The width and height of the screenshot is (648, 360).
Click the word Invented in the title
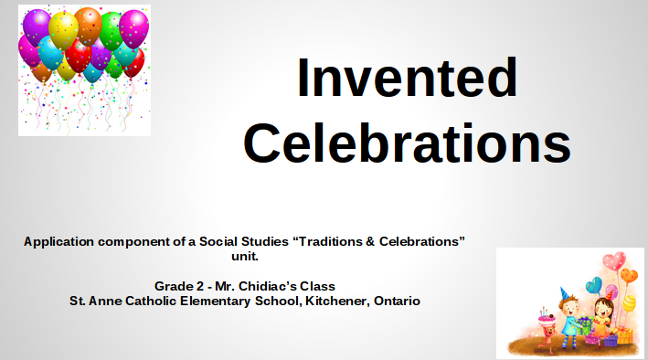[407, 78]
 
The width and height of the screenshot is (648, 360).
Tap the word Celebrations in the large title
[407, 143]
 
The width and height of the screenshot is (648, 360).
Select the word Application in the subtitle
[58, 242]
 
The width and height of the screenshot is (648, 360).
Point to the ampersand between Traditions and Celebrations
[370, 241]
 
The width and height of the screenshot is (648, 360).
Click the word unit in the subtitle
[245, 256]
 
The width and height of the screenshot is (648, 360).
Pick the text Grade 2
[179, 286]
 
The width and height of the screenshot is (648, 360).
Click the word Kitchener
[336, 301]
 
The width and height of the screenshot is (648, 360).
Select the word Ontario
[397, 301]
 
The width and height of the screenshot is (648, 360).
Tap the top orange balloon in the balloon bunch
[88, 26]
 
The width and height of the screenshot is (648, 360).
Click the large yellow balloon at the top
[63, 30]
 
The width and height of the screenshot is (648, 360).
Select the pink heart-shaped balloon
[613, 261]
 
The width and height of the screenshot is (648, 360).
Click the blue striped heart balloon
[594, 285]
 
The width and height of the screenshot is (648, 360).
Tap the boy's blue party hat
[564, 294]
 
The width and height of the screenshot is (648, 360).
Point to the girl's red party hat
[609, 295]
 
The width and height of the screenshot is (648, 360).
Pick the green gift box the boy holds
[585, 325]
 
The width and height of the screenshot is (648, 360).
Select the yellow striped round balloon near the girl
[629, 303]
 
